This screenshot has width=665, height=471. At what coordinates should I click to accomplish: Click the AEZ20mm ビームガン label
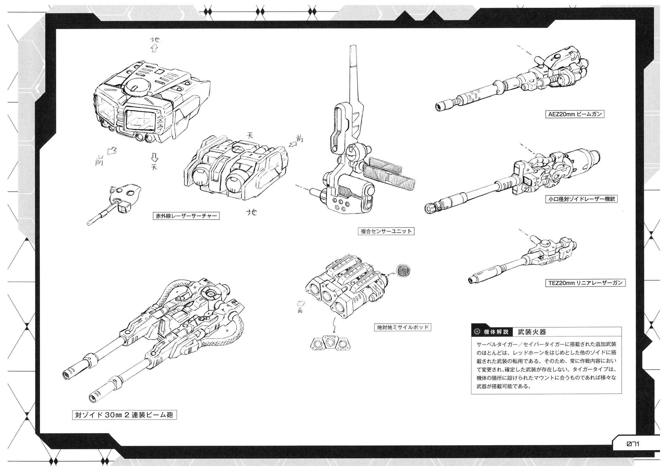575,114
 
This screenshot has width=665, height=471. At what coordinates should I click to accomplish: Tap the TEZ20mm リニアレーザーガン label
585,283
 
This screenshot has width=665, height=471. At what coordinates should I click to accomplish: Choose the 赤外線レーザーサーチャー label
186,216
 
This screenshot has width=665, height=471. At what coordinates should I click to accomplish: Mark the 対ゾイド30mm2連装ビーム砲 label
125,415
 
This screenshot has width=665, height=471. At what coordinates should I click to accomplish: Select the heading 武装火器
532,332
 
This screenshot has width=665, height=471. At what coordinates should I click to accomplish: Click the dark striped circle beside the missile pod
403,270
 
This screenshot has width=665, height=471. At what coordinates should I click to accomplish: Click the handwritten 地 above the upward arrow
155,40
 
